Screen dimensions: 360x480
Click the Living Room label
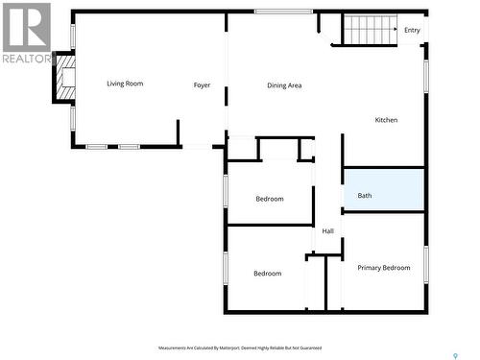[125, 84]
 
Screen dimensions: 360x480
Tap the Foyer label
[202, 85]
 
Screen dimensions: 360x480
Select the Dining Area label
[284, 85]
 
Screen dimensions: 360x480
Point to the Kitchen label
[386, 120]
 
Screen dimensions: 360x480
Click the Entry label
[412, 30]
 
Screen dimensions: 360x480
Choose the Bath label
[365, 196]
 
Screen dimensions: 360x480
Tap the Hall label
[327, 231]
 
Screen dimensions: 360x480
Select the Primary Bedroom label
[384, 268]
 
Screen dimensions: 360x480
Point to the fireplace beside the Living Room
[64, 78]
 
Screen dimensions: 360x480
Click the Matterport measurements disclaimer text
[240, 348]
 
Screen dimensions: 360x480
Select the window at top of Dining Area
[283, 12]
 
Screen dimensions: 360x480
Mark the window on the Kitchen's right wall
[425, 77]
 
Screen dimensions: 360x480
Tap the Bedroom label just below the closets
[269, 199]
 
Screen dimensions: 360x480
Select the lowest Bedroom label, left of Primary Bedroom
[267, 274]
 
